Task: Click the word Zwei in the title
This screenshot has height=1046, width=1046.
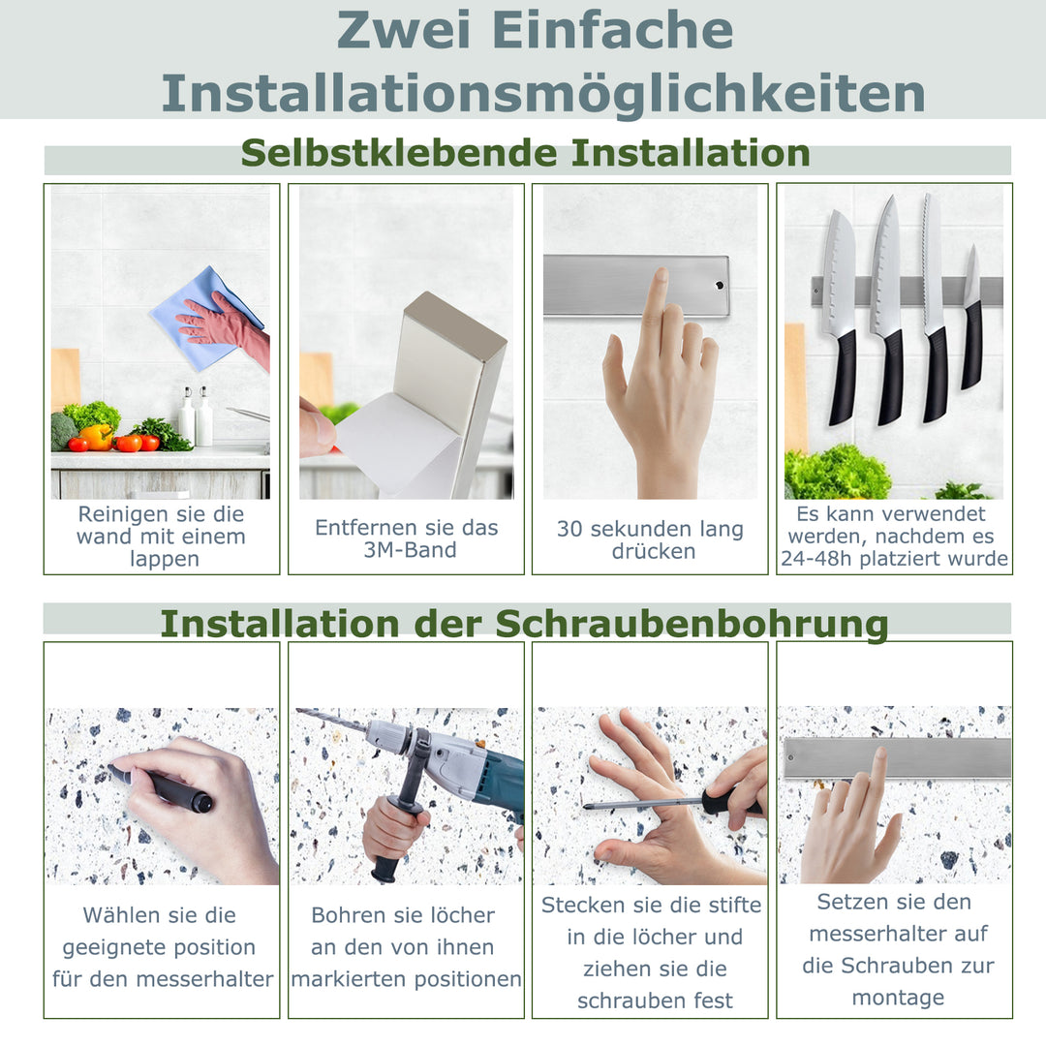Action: pos(406,31)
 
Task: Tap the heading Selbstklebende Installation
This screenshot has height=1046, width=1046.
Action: pos(526,153)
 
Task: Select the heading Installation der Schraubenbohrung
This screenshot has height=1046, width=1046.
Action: pos(524,624)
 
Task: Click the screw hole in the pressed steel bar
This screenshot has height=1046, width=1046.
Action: pos(718,286)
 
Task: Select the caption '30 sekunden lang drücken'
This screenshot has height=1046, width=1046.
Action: pos(650,539)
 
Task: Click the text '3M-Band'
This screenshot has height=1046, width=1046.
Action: pos(406,550)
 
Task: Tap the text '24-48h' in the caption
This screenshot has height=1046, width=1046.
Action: pos(815,559)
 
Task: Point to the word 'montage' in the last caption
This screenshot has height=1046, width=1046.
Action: pos(897,998)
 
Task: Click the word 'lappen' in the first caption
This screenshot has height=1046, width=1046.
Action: pos(164,559)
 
